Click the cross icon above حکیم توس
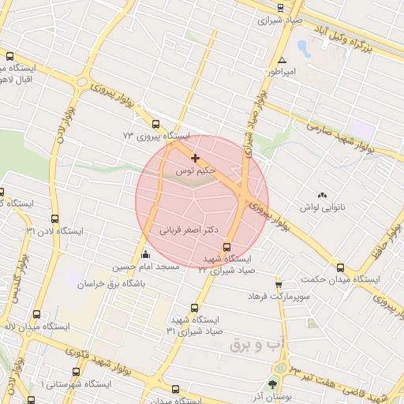(195, 159)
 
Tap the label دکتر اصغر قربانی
(189, 231)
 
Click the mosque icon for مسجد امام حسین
(145, 255)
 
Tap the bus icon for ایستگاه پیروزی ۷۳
(155, 124)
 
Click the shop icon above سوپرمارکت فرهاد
(279, 283)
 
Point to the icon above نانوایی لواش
(322, 195)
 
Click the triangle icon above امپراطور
(282, 60)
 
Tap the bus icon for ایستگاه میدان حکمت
(340, 267)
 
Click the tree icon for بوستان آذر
(273, 384)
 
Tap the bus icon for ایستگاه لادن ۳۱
(54, 219)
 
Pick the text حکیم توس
(194, 170)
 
